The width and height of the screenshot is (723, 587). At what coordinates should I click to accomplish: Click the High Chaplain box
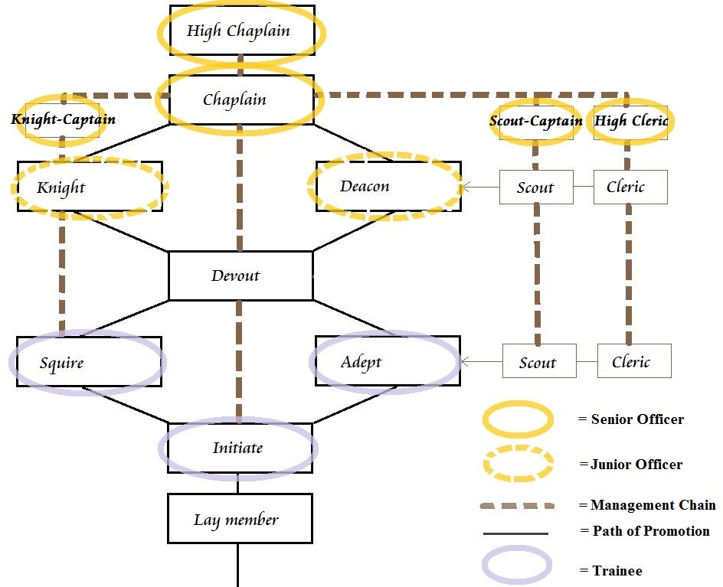(x=242, y=31)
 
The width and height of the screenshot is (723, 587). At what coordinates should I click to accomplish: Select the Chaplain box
(x=241, y=99)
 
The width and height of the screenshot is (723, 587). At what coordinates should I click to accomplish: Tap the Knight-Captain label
(x=63, y=119)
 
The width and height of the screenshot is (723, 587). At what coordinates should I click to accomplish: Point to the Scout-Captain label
(x=536, y=121)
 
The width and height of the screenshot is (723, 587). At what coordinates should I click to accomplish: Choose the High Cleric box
(x=630, y=122)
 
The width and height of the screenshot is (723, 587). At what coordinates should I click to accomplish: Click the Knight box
(x=90, y=187)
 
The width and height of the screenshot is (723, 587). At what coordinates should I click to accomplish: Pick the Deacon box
(x=388, y=186)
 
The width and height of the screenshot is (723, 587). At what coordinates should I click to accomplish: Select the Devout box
(x=240, y=276)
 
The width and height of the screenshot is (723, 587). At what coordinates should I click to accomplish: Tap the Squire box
(x=89, y=362)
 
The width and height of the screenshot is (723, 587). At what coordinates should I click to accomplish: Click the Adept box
(x=388, y=360)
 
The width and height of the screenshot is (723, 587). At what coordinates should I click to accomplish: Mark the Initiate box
(x=240, y=448)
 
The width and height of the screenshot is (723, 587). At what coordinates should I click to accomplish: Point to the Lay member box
(x=240, y=519)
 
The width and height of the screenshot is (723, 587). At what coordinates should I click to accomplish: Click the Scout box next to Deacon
(x=536, y=187)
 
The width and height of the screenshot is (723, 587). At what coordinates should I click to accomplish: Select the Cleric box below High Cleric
(x=630, y=187)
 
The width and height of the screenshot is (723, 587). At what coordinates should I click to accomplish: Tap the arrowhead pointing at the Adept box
(x=465, y=362)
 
